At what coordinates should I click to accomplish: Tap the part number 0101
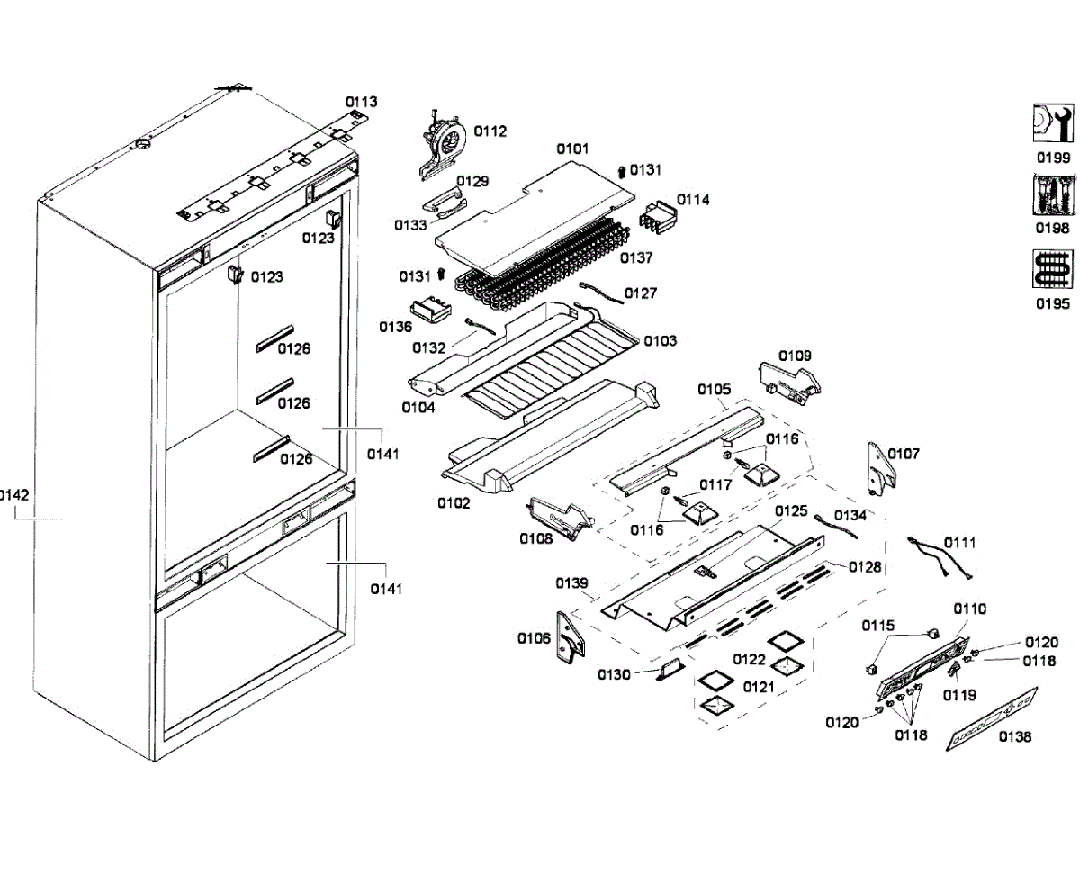pyautogui.click(x=572, y=149)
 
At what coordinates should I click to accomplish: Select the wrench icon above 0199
pyautogui.click(x=1053, y=123)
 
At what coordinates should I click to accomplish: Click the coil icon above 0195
pyautogui.click(x=1053, y=269)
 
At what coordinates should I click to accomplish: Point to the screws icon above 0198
pyautogui.click(x=1053, y=195)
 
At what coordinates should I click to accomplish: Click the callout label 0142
pyautogui.click(x=13, y=494)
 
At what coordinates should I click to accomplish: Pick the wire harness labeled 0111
pyautogui.click(x=939, y=557)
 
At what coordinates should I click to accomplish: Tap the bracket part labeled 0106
pyautogui.click(x=571, y=637)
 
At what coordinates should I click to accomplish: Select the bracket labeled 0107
pyautogui.click(x=881, y=468)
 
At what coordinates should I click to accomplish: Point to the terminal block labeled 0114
pyautogui.click(x=659, y=217)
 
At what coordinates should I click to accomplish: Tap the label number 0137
pyautogui.click(x=636, y=258)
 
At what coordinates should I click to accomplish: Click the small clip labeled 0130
pyautogui.click(x=670, y=671)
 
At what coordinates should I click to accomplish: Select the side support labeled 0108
pyautogui.click(x=561, y=518)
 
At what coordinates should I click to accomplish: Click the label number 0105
pyautogui.click(x=714, y=390)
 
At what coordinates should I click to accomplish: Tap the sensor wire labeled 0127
pyautogui.click(x=601, y=293)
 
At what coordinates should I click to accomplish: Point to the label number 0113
pyautogui.click(x=362, y=102)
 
